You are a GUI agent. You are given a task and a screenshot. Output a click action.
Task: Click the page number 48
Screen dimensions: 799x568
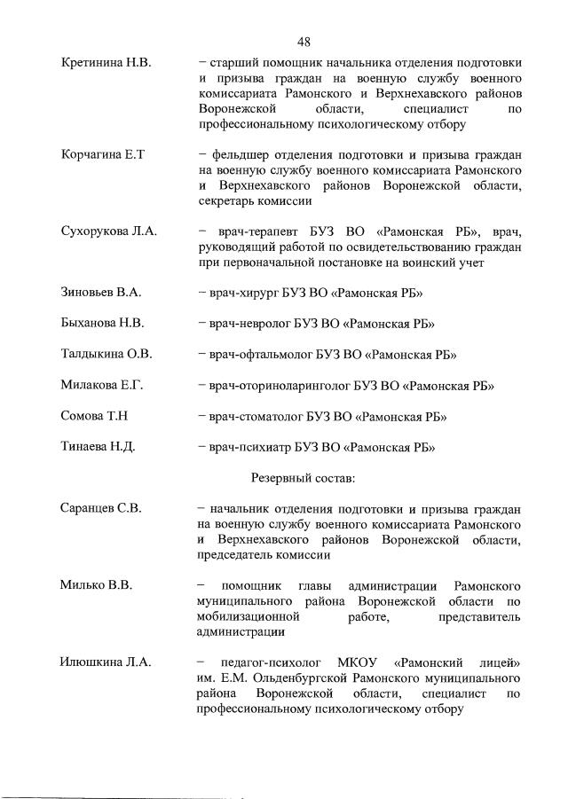pyautogui.click(x=304, y=42)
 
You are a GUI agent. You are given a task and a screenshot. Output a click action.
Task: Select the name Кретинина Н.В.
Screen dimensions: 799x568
pyautogui.click(x=106, y=63)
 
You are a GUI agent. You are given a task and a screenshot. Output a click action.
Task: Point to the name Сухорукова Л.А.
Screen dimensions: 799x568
pyautogui.click(x=109, y=231)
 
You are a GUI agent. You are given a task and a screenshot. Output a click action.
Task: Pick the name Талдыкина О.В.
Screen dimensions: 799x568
pyautogui.click(x=106, y=355)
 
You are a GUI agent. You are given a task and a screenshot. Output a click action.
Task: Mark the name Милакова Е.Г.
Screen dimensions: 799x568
pyautogui.click(x=102, y=386)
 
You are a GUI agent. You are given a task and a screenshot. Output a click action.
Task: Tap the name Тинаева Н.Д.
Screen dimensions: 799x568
pyautogui.click(x=98, y=447)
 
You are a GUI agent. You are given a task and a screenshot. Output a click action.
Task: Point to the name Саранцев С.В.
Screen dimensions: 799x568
pyautogui.click(x=102, y=509)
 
